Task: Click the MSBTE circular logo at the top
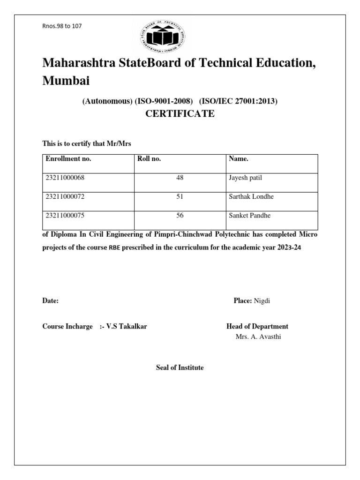pos(164,36)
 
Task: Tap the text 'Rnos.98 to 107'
pos(62,26)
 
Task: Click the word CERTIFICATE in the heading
pos(180,114)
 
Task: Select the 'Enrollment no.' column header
pos(68,159)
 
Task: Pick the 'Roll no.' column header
pos(149,159)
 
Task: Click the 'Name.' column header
pos(239,159)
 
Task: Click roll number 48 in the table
pos(180,178)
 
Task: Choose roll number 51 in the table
pos(180,197)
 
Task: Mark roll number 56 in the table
pos(180,216)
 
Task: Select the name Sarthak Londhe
pos(251,197)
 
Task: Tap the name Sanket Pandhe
pos(250,216)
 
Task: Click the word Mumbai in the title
pos(66,81)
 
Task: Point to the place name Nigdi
pos(262,301)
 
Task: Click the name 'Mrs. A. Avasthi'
pos(258,337)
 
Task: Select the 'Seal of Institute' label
pos(180,368)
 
